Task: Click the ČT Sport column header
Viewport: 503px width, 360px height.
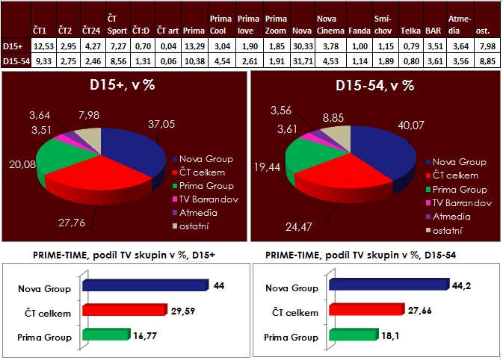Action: pyautogui.click(x=117, y=25)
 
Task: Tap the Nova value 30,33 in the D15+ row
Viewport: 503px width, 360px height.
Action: pyautogui.click(x=303, y=46)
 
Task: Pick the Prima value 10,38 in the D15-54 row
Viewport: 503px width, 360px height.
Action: pyautogui.click(x=194, y=60)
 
